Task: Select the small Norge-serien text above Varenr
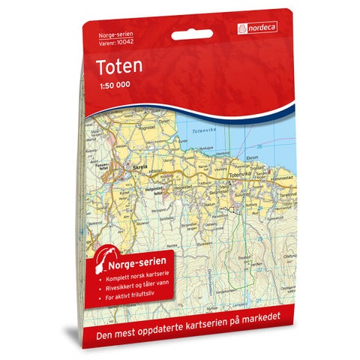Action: pos(111,35)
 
